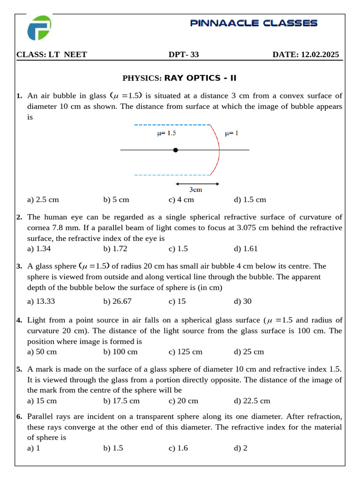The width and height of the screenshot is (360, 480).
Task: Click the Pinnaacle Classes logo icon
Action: (x=39, y=28)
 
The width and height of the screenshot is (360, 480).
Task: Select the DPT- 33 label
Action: (x=184, y=55)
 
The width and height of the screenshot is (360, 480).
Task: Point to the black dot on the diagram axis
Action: (x=175, y=150)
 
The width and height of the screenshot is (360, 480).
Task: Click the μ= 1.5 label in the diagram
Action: (x=166, y=134)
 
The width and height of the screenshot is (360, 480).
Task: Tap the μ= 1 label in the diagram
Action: (x=232, y=134)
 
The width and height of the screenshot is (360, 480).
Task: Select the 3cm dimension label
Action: (x=195, y=190)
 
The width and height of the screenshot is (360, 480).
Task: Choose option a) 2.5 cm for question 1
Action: (x=43, y=200)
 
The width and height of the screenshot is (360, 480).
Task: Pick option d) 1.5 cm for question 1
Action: (x=249, y=200)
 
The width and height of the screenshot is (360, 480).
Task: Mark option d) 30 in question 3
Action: (x=242, y=301)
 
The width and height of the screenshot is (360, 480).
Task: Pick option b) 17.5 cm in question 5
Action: (x=121, y=401)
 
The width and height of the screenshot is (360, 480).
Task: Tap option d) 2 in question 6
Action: (x=240, y=448)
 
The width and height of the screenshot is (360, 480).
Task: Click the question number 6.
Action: (x=19, y=416)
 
